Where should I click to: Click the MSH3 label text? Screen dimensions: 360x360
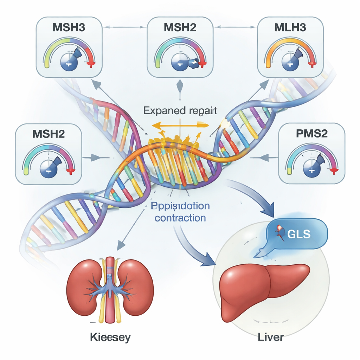point(69,28)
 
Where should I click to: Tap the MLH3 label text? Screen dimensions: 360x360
point(291,28)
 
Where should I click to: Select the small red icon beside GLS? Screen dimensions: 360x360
point(280,232)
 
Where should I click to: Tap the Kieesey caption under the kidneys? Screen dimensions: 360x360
point(110,338)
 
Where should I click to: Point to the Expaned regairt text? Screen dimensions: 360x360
point(180,111)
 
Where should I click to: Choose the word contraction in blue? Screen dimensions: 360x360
point(180,218)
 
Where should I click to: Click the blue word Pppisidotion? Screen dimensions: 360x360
point(180,206)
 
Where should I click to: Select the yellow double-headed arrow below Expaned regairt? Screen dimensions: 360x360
point(180,124)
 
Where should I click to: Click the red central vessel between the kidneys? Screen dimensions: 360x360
point(110,288)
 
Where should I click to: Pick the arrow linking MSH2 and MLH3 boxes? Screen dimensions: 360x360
point(235,26)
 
